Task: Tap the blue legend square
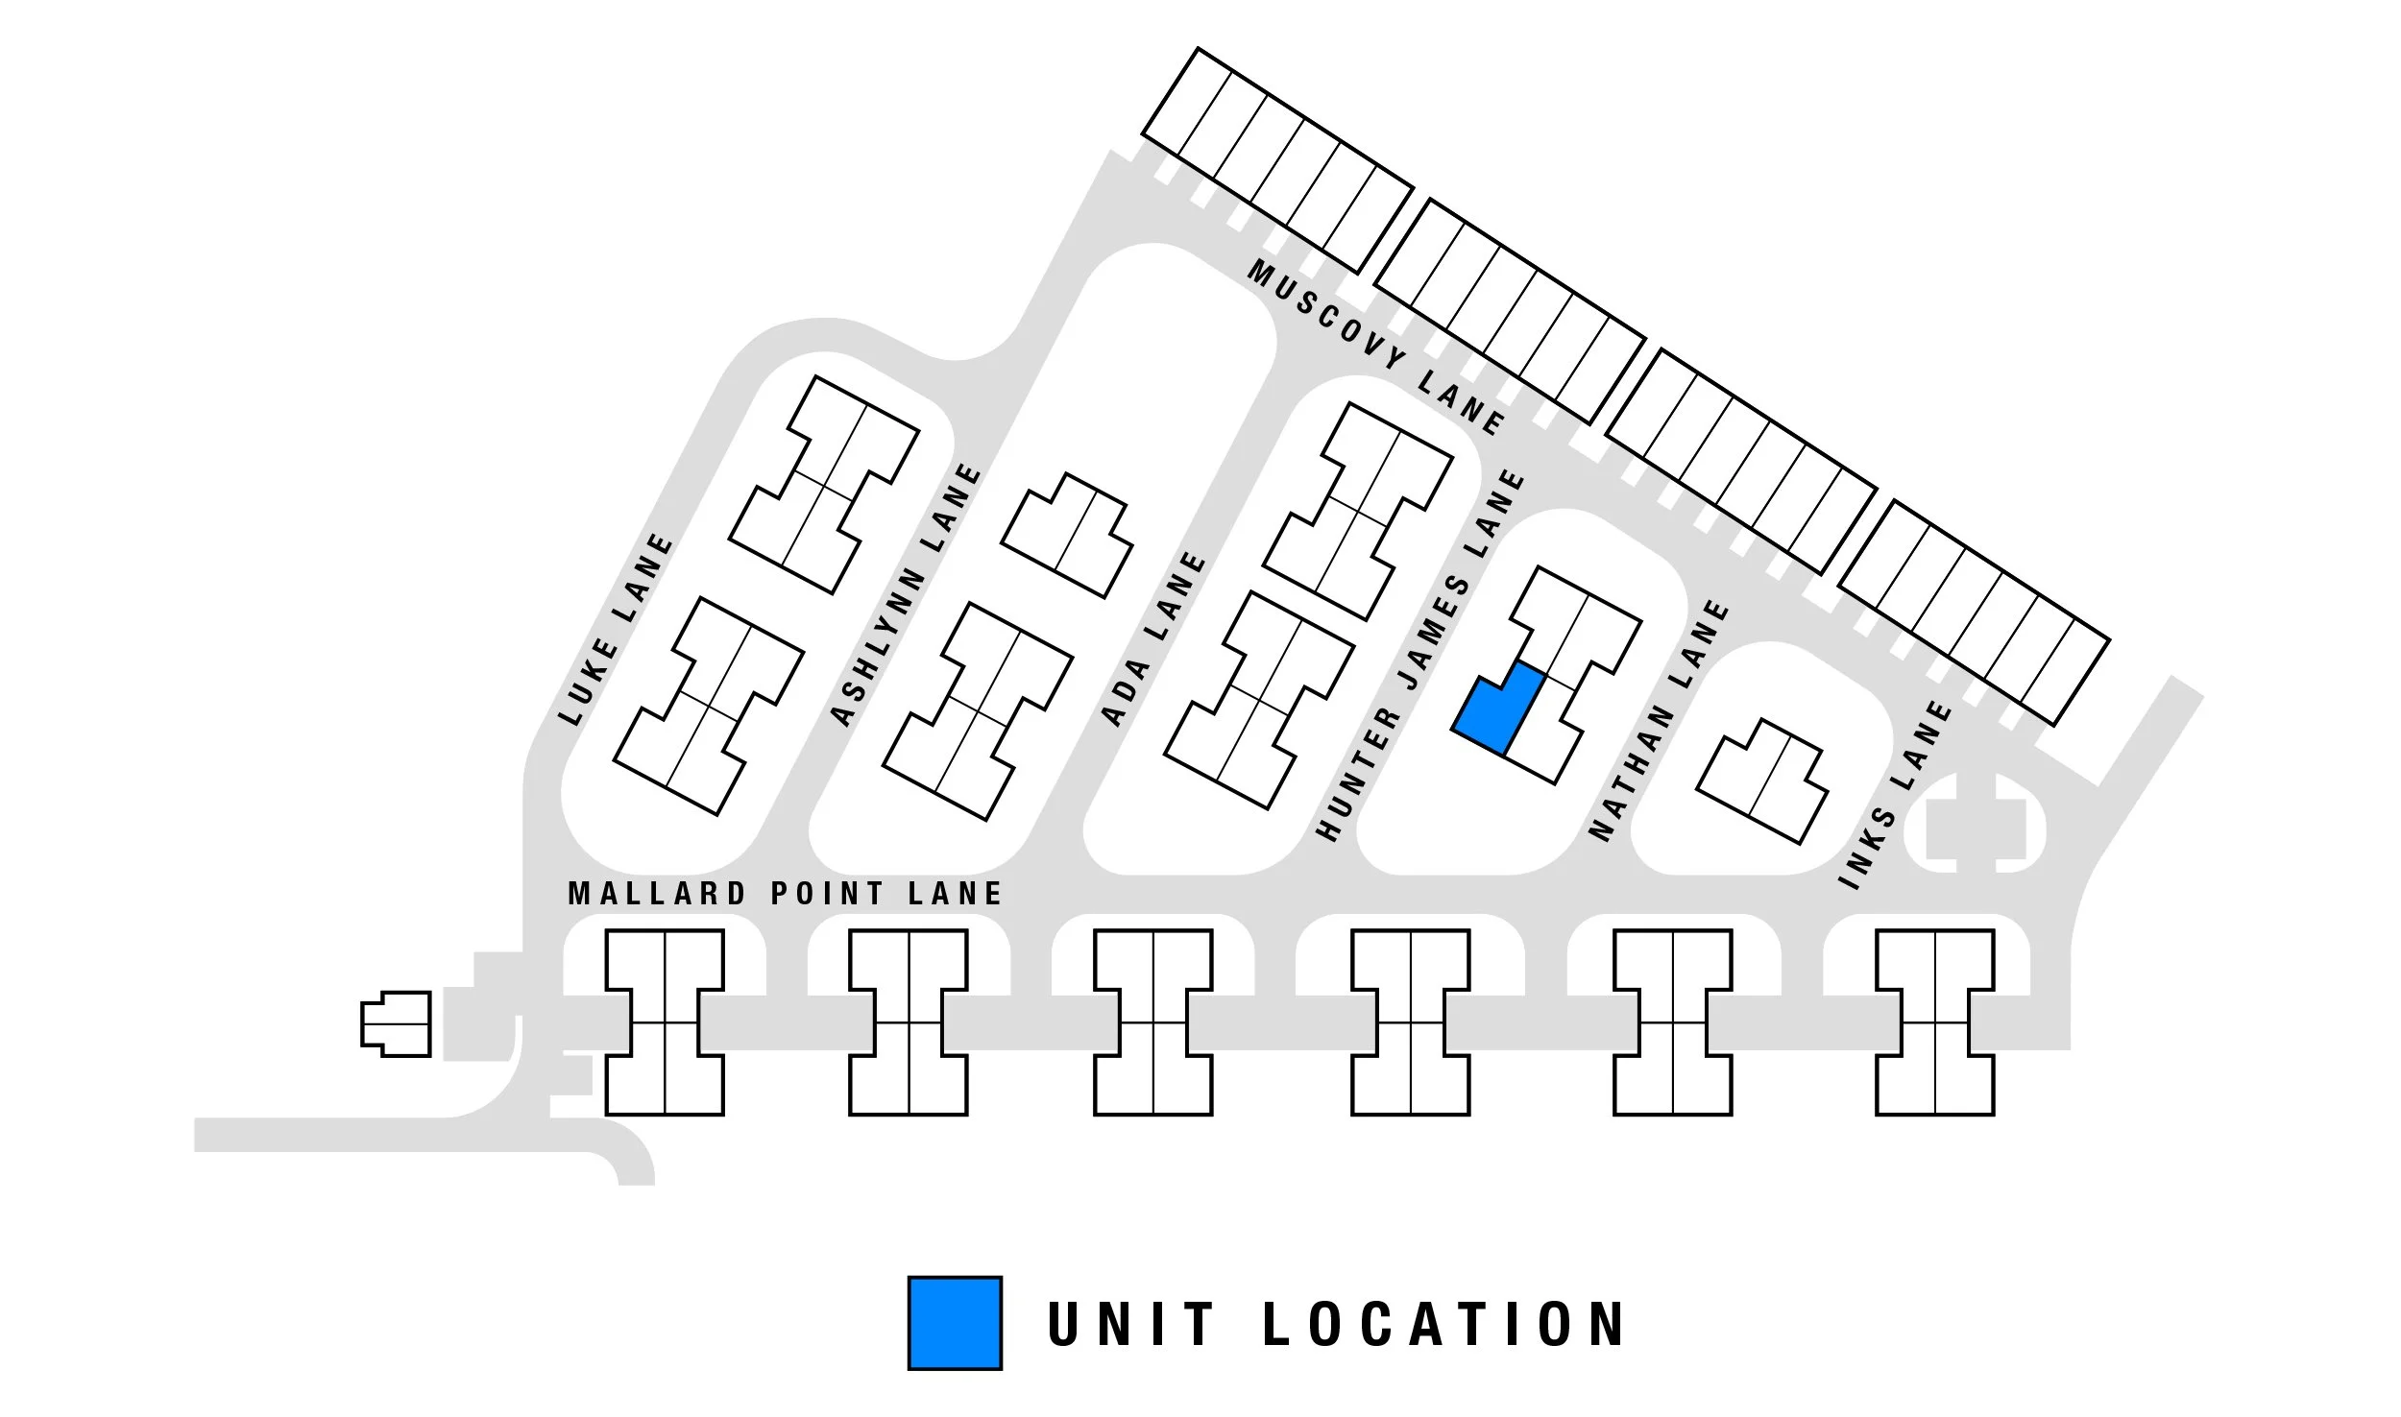[955, 1322]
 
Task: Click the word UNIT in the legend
[1131, 1324]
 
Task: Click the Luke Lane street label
[617, 629]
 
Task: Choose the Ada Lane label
[1153, 638]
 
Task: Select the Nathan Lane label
[1659, 720]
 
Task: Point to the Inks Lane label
[1895, 795]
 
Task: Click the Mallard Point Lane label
[785, 894]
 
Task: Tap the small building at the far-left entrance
[396, 1024]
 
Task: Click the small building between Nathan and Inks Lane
[1762, 781]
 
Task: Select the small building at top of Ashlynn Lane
[1066, 535]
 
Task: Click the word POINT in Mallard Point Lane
[827, 894]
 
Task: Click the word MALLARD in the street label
[657, 894]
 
